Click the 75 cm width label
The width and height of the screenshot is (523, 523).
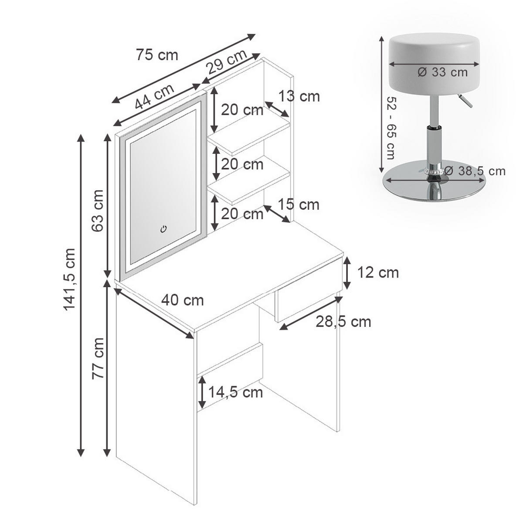click(157, 55)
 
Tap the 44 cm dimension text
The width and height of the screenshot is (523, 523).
click(154, 97)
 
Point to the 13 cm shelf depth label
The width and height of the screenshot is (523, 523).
click(299, 96)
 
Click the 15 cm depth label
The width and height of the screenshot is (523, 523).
click(299, 205)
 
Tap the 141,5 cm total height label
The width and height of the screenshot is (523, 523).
click(69, 279)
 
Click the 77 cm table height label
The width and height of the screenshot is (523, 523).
click(98, 359)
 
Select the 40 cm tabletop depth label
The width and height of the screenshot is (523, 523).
click(182, 300)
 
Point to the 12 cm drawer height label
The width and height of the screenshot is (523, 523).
click(378, 272)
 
